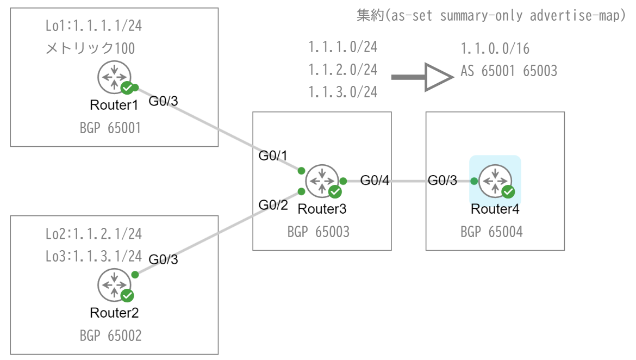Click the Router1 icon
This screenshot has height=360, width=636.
114,77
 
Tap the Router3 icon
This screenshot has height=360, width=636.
322,181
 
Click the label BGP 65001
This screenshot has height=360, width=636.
110,128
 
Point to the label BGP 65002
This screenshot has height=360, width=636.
110,336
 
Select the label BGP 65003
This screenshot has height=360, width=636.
319,232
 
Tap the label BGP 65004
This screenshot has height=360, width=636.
491,232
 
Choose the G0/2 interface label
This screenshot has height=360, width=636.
273,205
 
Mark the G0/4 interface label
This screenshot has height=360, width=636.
375,181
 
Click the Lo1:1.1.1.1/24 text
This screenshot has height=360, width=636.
94,26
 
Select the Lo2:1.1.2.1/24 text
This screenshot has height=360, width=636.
94,234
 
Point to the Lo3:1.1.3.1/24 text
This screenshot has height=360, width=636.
94,256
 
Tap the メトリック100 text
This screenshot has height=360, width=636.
90,48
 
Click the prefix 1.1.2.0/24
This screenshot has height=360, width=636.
342,70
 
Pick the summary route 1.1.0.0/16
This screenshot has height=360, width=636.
495,49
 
